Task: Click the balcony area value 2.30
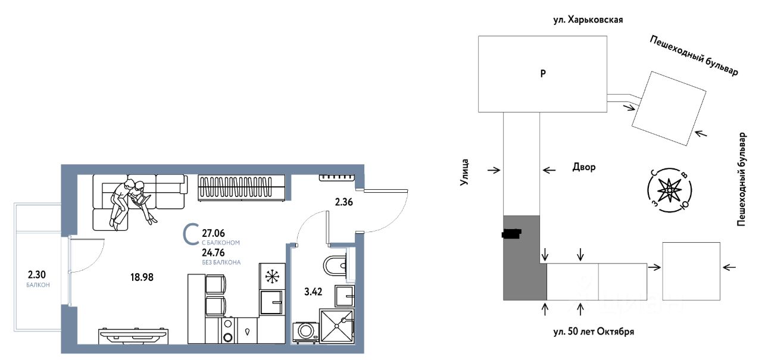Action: [37, 275]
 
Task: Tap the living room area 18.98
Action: [142, 277]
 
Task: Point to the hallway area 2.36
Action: [345, 202]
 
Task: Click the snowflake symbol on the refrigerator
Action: [272, 277]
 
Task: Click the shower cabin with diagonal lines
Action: [337, 325]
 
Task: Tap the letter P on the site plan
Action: [542, 74]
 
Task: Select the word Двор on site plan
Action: [583, 167]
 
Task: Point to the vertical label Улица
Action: [467, 173]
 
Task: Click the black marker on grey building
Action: [511, 233]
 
